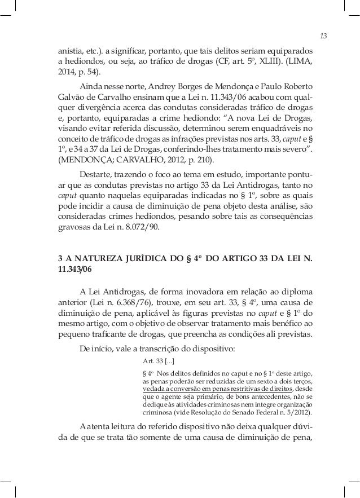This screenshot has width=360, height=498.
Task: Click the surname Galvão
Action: click(x=73, y=99)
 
